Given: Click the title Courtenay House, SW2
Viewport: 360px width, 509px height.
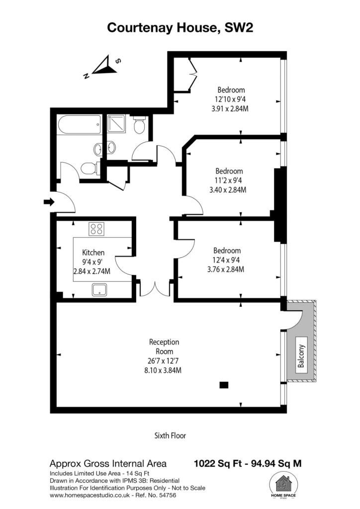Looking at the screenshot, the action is coord(180,28).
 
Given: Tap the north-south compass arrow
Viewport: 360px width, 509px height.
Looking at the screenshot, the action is coord(103,67).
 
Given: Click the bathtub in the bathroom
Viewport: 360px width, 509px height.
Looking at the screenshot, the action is coord(80,125).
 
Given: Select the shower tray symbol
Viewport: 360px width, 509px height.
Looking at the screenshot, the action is coord(116,124).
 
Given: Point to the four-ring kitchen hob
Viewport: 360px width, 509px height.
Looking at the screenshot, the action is coord(96,229).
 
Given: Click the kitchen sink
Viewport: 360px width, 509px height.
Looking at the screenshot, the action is coord(100,290).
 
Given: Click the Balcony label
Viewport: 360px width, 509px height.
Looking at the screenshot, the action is coord(301,356).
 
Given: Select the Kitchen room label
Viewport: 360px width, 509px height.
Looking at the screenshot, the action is coord(93,253).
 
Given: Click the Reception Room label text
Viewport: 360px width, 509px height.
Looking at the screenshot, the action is coord(164,346).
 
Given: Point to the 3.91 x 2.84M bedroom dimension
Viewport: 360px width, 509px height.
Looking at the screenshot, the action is coord(230,109).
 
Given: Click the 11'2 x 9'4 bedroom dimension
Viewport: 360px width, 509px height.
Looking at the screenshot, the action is coord(229,180).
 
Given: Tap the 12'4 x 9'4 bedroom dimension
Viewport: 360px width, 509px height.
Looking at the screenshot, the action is coord(227,259).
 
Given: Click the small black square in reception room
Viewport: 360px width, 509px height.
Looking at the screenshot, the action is coord(224,385).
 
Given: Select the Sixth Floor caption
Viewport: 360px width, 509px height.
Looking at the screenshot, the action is coord(170,435).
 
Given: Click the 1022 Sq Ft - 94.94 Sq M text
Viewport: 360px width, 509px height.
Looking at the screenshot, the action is coord(248,463).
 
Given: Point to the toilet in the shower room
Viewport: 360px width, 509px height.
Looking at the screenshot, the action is coord(140,125).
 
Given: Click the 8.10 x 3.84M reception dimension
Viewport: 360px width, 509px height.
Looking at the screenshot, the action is coord(163,370).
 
